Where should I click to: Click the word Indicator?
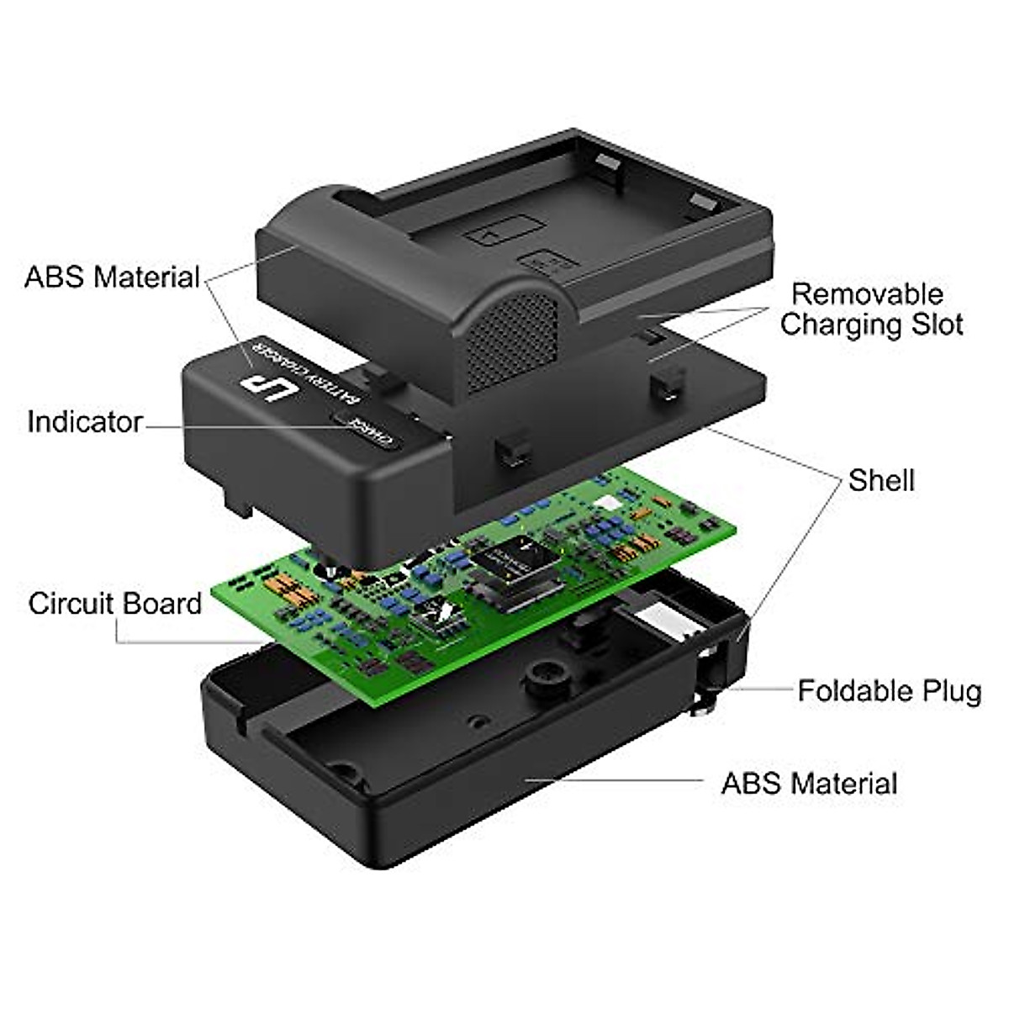[85, 421]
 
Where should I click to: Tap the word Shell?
[881, 480]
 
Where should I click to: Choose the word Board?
[161, 603]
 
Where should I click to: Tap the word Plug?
[951, 692]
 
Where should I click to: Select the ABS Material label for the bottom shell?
[809, 783]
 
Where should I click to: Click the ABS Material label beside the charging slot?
[112, 277]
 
